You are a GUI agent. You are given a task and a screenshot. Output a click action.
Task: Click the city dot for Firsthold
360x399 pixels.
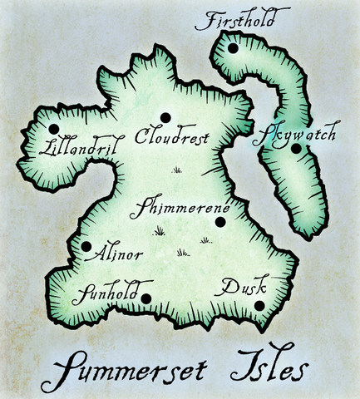click(233, 48)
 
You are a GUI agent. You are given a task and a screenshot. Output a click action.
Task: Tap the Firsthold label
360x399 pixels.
click(242, 20)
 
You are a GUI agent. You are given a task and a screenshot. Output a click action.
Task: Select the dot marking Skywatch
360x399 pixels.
click(295, 149)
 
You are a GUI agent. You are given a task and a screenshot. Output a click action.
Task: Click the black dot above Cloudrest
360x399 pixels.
click(165, 116)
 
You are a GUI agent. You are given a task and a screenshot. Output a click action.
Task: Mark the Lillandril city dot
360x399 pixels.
click(54, 129)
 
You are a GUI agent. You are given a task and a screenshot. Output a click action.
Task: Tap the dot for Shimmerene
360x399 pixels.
click(220, 221)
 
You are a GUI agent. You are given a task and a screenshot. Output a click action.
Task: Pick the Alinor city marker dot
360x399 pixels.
click(86, 247)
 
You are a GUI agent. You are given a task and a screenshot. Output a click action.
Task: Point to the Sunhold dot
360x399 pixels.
click(145, 298)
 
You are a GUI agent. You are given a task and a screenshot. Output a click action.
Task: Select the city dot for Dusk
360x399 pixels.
click(259, 305)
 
